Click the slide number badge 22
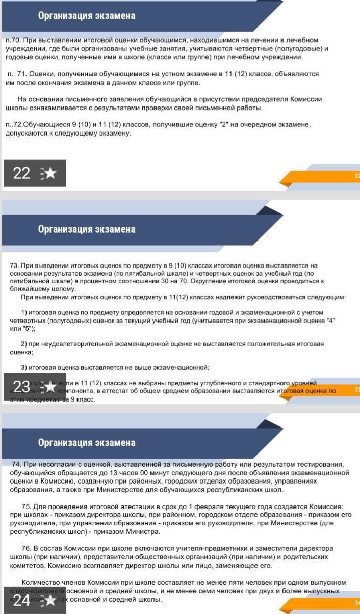21,173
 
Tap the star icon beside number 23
50,387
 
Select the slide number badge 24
21,600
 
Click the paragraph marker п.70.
13,40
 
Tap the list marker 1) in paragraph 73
24,312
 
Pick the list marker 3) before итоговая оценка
24,367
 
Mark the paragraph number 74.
16,464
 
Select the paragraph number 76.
26,548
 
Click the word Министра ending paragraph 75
146,531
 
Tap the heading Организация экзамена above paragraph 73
87,229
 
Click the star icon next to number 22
50,174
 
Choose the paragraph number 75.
26,506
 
